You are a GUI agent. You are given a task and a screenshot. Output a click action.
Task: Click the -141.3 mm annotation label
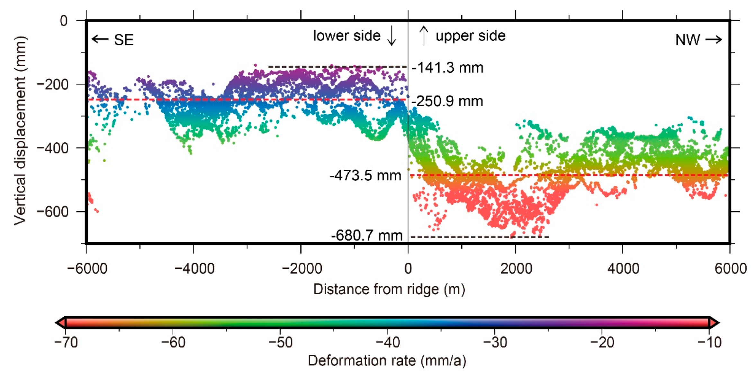(x=447, y=68)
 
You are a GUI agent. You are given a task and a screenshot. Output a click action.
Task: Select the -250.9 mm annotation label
(x=447, y=101)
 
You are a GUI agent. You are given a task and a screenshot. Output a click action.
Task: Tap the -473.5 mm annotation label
(x=365, y=176)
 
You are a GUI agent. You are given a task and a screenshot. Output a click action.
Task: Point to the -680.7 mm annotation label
(x=367, y=236)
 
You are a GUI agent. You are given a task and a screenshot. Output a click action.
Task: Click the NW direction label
(x=688, y=40)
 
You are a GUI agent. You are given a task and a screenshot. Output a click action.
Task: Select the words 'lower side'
(x=346, y=36)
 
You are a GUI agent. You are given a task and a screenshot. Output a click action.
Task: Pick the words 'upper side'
(x=470, y=36)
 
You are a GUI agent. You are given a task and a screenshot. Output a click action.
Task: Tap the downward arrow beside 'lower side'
(x=392, y=36)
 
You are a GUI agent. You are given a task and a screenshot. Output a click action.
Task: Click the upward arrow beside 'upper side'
(x=424, y=36)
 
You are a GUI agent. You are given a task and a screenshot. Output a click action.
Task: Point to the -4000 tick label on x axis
(x=194, y=269)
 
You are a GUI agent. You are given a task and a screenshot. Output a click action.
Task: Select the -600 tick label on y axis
(x=53, y=212)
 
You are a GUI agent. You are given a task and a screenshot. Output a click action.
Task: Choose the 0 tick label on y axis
(x=64, y=21)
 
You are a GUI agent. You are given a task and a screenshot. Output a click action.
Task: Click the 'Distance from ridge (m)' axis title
(x=389, y=289)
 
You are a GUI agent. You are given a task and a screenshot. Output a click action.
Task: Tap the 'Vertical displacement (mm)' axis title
(x=20, y=130)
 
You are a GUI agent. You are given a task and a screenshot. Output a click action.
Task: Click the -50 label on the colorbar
(x=280, y=343)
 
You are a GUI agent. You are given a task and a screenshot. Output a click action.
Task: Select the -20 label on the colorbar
(x=602, y=343)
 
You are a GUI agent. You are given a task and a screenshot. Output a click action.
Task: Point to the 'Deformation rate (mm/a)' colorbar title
(x=387, y=361)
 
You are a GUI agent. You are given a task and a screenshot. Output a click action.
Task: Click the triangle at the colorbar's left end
(x=60, y=322)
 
